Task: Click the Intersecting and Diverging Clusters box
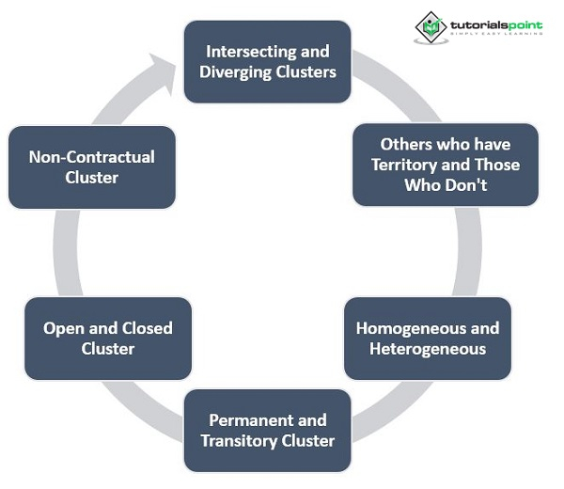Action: coord(267,61)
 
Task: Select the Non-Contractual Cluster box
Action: coord(91,167)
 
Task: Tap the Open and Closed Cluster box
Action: coord(107,339)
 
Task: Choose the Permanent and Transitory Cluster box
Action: coord(267,430)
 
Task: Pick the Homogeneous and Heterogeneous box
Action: coord(427,339)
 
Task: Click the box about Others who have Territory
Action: coord(445,165)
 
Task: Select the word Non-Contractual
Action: coord(91,157)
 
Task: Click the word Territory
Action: coord(405,165)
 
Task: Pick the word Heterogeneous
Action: coord(428,349)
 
